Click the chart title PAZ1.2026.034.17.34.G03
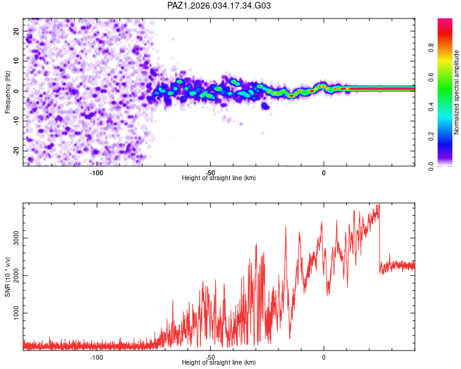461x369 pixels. [x=219, y=6]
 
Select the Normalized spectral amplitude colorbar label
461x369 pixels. [x=457, y=92]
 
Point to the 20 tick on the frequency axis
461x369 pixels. [x=17, y=31]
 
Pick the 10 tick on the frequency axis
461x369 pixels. [x=17, y=61]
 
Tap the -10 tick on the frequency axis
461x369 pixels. [x=15, y=121]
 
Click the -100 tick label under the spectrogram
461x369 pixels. [x=97, y=172]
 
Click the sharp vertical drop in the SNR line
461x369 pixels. [x=380, y=240]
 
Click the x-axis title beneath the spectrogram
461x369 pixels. [x=219, y=178]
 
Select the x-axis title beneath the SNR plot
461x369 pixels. [x=219, y=363]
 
